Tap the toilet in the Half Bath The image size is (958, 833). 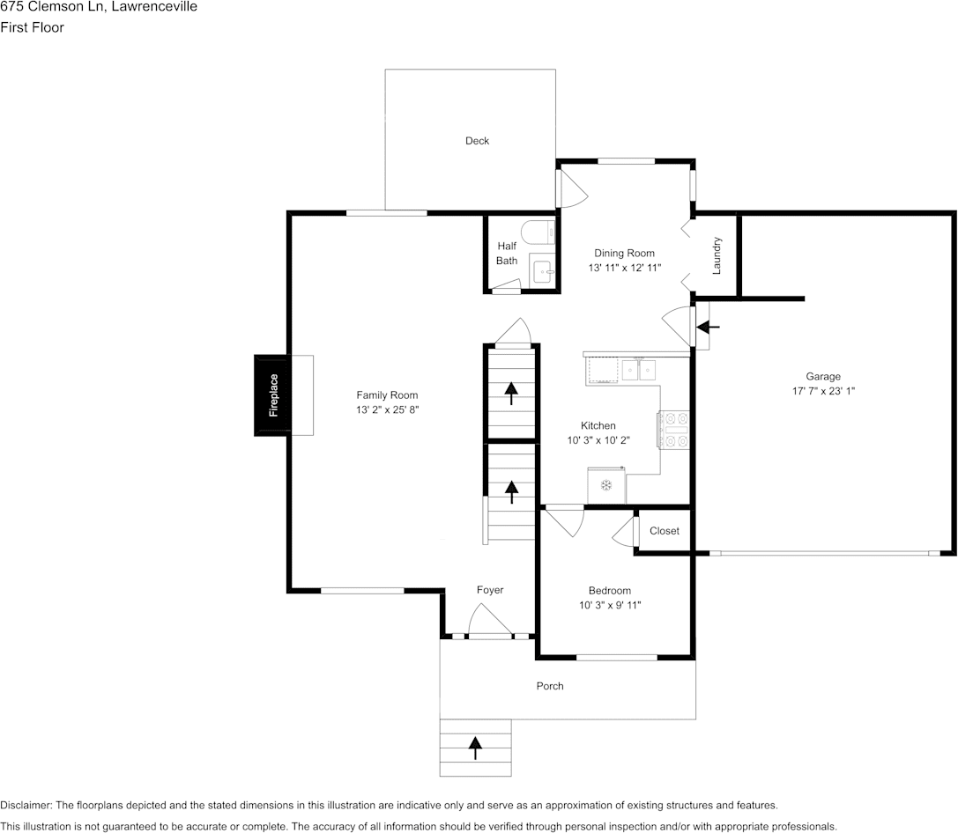538,232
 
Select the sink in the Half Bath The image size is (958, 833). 543,270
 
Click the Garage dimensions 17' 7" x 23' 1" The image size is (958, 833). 823,391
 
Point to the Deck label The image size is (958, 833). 477,141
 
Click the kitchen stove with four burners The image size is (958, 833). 674,431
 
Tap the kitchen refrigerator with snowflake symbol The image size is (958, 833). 606,486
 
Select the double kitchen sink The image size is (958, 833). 638,370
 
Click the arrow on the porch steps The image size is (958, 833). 475,748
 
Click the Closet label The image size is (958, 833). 665,531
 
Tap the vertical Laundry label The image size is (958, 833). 717,255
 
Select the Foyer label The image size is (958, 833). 490,590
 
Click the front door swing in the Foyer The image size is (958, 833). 490,619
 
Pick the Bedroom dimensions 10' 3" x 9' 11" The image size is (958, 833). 610,605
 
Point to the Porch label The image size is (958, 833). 550,686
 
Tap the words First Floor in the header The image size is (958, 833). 32,27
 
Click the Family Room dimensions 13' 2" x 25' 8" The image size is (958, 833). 388,410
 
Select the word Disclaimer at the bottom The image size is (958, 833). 26,806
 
